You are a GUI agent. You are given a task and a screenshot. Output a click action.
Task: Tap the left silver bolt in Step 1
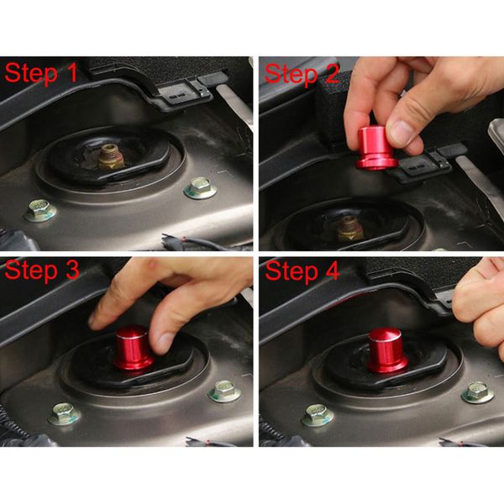pyautogui.click(x=40, y=210)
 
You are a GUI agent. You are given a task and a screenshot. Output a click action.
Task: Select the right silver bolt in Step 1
pyautogui.click(x=200, y=187)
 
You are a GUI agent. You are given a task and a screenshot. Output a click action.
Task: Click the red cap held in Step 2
pyautogui.click(x=374, y=150)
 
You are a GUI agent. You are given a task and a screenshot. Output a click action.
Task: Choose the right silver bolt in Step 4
pyautogui.click(x=477, y=391)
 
